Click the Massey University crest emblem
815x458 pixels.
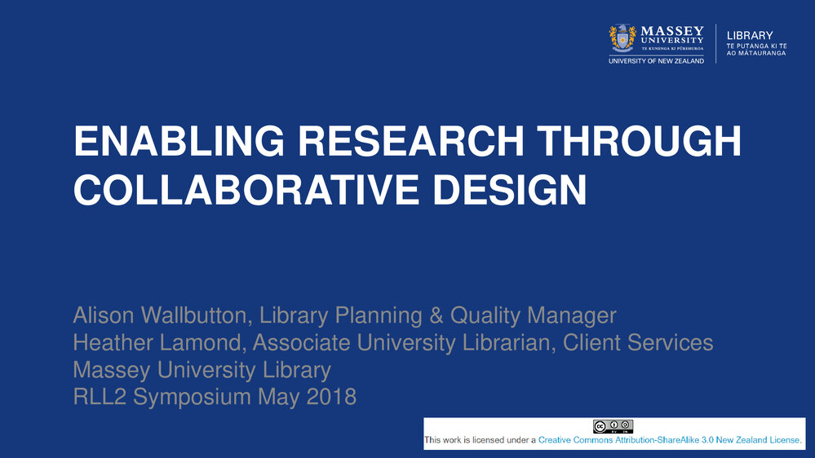622,38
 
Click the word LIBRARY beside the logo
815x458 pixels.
750,35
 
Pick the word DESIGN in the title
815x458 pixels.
509,190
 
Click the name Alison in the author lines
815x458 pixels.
104,315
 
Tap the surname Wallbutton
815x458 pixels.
194,315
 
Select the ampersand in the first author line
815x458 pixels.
436,315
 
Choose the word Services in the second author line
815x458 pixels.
670,343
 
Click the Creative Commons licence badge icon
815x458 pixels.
613,426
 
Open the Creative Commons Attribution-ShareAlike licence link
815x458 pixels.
670,440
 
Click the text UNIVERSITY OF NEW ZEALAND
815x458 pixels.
657,61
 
